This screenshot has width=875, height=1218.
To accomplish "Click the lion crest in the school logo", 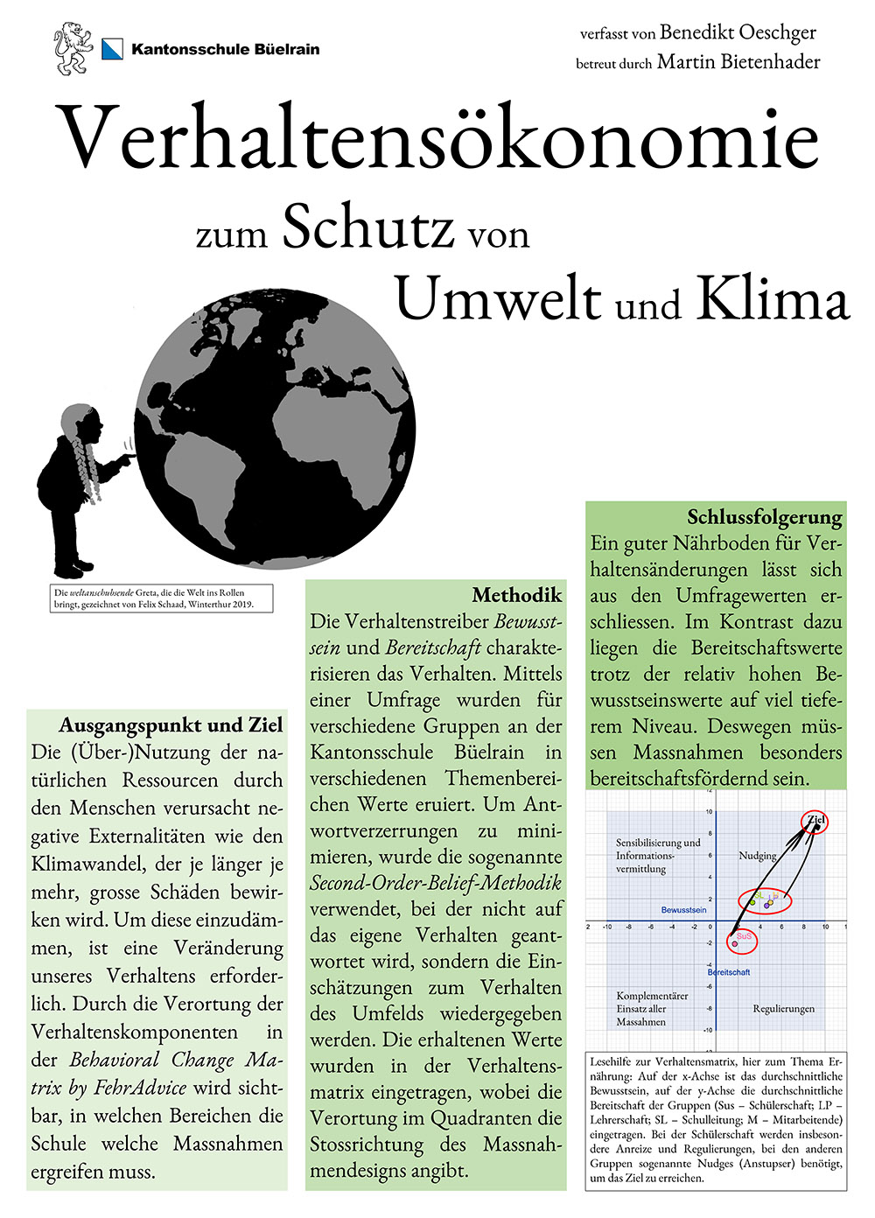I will (73, 48).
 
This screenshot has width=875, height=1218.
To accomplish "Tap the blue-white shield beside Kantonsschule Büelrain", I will (112, 49).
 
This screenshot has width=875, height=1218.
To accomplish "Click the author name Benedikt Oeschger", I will (738, 33).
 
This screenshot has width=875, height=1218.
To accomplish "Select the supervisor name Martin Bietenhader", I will (738, 62).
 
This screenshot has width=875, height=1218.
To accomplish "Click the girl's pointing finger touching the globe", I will (129, 457).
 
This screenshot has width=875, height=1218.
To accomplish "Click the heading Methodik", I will (517, 596).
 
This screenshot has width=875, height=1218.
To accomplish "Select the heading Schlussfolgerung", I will (765, 516).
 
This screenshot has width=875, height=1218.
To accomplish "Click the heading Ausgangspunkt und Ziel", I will (171, 725).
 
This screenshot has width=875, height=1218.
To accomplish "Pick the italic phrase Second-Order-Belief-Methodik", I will (435, 883).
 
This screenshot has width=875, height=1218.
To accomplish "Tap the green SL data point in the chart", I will (752, 901).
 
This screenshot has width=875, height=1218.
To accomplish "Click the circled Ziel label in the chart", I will (815, 821).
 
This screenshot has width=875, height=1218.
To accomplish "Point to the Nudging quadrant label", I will (758, 856).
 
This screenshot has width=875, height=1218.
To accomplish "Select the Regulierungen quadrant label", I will (783, 1009).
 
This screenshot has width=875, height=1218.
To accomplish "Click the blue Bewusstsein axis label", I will (683, 910).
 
